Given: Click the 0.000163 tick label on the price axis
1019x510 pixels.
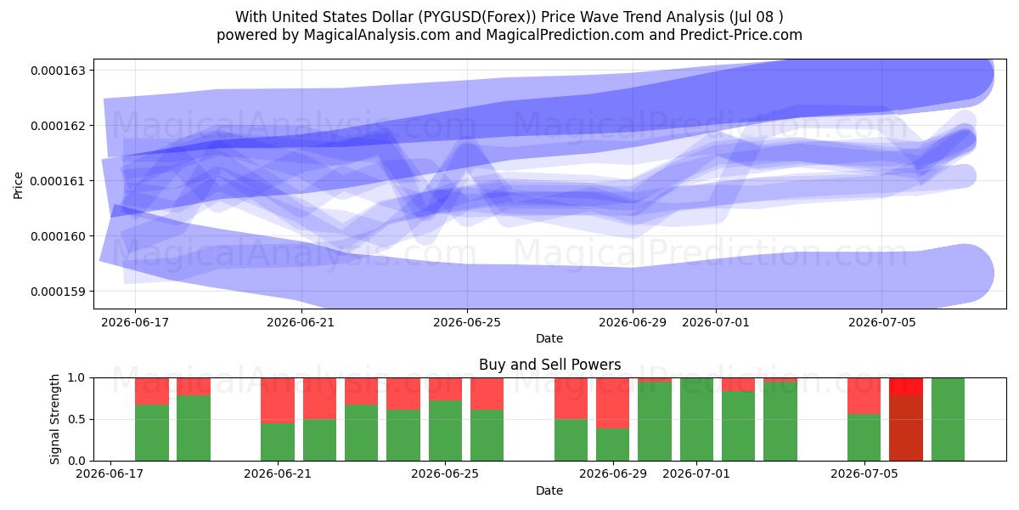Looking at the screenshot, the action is (58, 71).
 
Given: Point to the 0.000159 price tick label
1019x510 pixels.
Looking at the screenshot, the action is (58, 292).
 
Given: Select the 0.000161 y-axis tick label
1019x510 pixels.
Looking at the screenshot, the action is (58, 181).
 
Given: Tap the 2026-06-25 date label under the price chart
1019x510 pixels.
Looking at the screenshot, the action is (467, 322).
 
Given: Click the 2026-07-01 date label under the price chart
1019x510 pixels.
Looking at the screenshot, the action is (716, 322).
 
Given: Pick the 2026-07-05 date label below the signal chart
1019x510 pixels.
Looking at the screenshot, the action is (864, 474).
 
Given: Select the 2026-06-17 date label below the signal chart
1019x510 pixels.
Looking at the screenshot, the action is (110, 474).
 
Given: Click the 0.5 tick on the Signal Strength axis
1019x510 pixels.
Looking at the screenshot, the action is (76, 419).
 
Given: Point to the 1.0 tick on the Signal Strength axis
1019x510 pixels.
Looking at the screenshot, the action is (76, 377).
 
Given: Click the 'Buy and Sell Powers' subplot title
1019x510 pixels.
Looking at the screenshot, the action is (549, 365).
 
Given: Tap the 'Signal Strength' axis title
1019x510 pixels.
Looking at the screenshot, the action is (54, 419).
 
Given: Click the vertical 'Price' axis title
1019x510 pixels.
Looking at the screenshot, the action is (18, 185).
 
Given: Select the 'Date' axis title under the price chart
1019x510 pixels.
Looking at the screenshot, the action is (549, 339).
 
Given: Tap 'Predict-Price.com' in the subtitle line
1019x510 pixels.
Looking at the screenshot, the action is (741, 35).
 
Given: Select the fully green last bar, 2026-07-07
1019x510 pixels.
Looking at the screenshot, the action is (948, 419).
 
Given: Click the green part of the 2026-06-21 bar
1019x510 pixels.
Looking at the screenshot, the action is (278, 442).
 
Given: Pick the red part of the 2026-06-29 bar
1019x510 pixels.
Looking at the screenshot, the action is (613, 403).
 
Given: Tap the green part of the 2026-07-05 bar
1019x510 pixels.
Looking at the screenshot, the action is (864, 437).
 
